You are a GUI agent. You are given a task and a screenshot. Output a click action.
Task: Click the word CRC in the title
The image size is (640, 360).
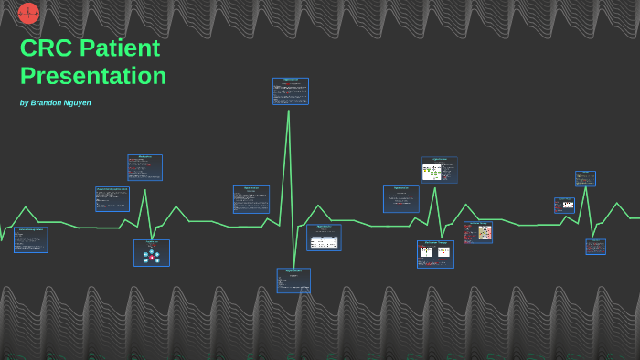click(x=46, y=48)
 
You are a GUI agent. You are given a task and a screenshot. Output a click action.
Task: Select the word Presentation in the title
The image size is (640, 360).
click(x=93, y=76)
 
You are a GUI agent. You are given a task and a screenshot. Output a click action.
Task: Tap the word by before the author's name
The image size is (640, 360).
click(x=24, y=103)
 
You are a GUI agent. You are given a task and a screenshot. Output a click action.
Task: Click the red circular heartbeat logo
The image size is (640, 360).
click(x=29, y=13)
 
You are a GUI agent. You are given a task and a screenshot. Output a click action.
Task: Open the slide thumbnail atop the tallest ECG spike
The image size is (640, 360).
click(x=291, y=91)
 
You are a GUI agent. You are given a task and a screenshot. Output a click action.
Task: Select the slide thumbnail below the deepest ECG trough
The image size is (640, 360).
click(x=293, y=280)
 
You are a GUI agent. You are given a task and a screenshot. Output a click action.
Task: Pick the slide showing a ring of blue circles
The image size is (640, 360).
click(x=152, y=253)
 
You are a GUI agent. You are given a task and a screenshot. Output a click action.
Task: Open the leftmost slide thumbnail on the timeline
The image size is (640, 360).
click(x=30, y=239)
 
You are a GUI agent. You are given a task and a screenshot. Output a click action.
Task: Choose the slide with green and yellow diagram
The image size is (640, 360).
click(x=439, y=170)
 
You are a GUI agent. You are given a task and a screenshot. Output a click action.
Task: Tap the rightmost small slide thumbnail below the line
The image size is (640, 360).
click(x=595, y=247)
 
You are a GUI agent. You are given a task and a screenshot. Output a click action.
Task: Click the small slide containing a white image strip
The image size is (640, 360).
click(x=565, y=206)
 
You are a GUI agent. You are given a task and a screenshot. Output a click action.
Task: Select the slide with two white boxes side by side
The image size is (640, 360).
click(x=435, y=254)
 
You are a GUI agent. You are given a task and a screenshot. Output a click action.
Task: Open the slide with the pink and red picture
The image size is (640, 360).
click(x=478, y=232)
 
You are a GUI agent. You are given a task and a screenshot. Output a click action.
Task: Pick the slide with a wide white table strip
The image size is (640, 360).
click(x=324, y=238)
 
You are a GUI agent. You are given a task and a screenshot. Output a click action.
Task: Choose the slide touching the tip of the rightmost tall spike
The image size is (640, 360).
click(x=585, y=178)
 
